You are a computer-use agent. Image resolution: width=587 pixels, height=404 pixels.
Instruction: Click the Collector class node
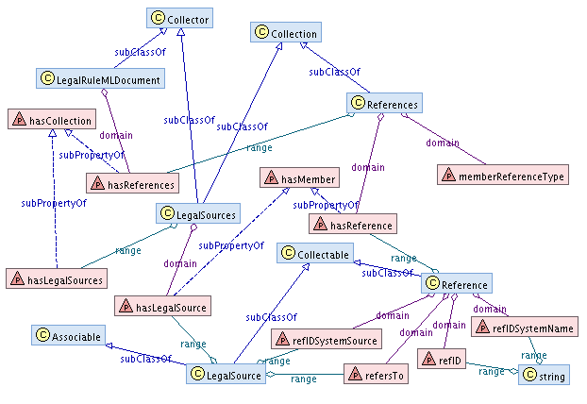(x=178, y=17)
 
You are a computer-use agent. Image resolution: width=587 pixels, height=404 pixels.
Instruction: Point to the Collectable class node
(x=315, y=254)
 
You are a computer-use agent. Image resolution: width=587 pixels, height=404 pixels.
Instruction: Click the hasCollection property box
(x=51, y=120)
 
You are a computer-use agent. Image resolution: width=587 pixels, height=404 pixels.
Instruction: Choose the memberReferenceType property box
(x=501, y=176)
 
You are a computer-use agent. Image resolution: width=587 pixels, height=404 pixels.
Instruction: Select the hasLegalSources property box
(x=56, y=278)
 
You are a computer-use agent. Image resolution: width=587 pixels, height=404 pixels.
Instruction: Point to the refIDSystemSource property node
(x=325, y=339)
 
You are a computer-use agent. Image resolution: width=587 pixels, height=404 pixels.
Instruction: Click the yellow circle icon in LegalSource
(x=198, y=375)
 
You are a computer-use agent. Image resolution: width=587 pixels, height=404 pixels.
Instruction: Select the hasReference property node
(x=352, y=224)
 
